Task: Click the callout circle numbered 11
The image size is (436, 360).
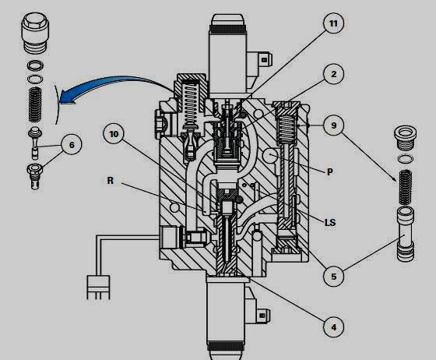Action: pyautogui.click(x=334, y=25)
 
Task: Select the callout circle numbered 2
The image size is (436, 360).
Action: pyautogui.click(x=332, y=75)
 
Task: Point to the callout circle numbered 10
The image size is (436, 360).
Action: pyautogui.click(x=114, y=134)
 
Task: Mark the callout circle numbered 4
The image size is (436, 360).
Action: pyautogui.click(x=334, y=327)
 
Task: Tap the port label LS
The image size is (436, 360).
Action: pyautogui.click(x=329, y=222)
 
